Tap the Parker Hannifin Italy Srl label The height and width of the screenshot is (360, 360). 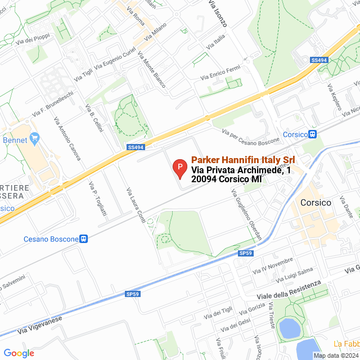pyautogui.click(x=243, y=160)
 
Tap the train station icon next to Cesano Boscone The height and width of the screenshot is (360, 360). pyautogui.click(x=84, y=238)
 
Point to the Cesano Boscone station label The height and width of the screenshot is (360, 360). pyautogui.click(x=51, y=239)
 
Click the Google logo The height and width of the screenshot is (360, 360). pyautogui.click(x=19, y=353)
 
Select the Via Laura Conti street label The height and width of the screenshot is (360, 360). pyautogui.click(x=136, y=205)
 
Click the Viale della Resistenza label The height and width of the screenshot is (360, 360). pyautogui.click(x=289, y=290)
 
